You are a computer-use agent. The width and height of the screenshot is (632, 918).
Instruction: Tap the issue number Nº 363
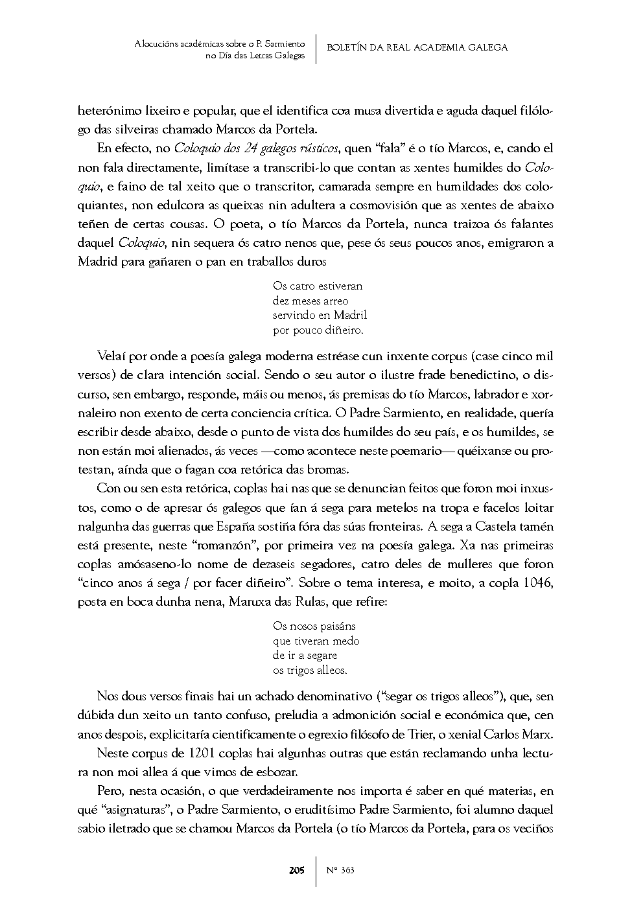340,870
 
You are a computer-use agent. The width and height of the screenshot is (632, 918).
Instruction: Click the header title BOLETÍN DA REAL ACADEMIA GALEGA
417,47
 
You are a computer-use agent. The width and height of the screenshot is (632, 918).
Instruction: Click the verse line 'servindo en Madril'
320,316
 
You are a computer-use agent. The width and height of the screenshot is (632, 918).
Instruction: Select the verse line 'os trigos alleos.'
310,671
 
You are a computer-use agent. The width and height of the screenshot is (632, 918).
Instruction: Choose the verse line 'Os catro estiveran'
318,286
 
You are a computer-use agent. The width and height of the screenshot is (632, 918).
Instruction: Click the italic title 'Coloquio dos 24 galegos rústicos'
257,148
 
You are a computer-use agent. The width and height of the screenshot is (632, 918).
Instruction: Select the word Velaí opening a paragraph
111,356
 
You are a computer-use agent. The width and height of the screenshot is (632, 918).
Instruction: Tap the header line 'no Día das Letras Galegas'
255,56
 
